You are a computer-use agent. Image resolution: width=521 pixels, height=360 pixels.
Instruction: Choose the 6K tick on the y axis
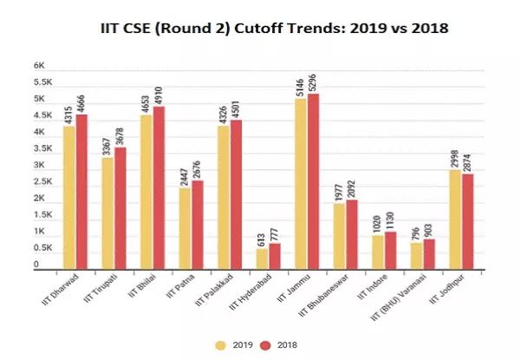[38, 65]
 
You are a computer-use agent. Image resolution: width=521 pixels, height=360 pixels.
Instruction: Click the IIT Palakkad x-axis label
[215, 296]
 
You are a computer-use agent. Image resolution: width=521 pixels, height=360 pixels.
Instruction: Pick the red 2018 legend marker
[267, 344]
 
